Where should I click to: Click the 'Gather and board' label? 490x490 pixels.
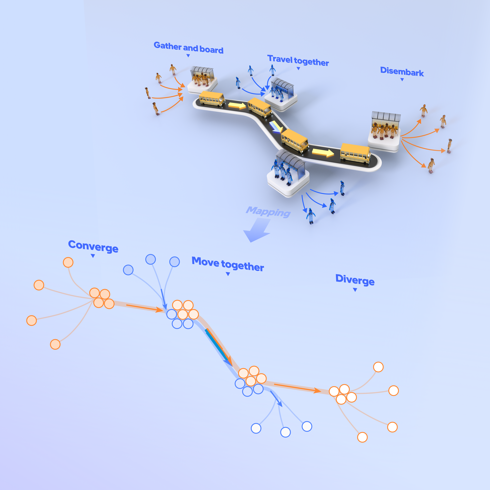click(x=188, y=48)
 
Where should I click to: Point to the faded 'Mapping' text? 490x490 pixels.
click(x=268, y=212)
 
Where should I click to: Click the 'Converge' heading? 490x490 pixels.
click(x=93, y=246)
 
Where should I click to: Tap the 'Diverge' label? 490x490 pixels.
click(x=355, y=280)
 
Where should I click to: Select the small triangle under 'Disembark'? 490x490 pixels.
click(x=402, y=80)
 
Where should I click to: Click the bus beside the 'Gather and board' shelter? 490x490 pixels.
click(x=212, y=98)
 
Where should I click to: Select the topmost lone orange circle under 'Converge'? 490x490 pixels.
click(x=68, y=262)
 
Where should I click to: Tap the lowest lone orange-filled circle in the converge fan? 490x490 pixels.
click(x=55, y=344)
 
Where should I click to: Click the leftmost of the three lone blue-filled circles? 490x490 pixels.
click(x=128, y=270)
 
